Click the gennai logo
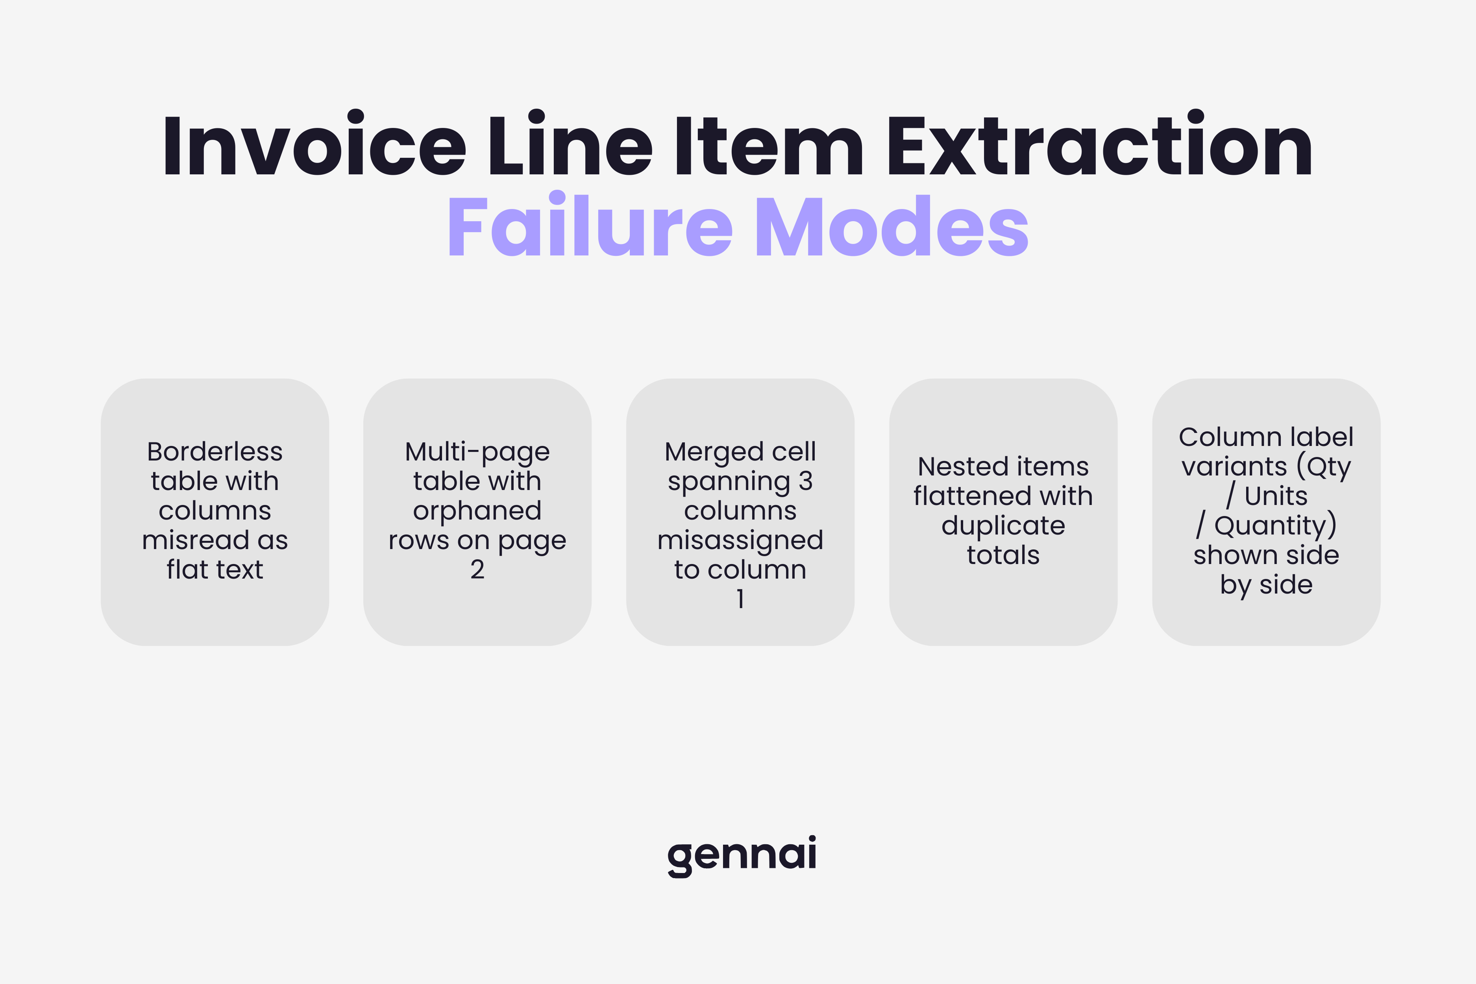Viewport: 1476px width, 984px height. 742,855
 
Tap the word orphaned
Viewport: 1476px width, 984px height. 477,511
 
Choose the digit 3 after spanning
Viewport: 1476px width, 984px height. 805,481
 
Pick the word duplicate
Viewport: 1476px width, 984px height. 1003,526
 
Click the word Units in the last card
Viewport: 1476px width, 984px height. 1275,496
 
